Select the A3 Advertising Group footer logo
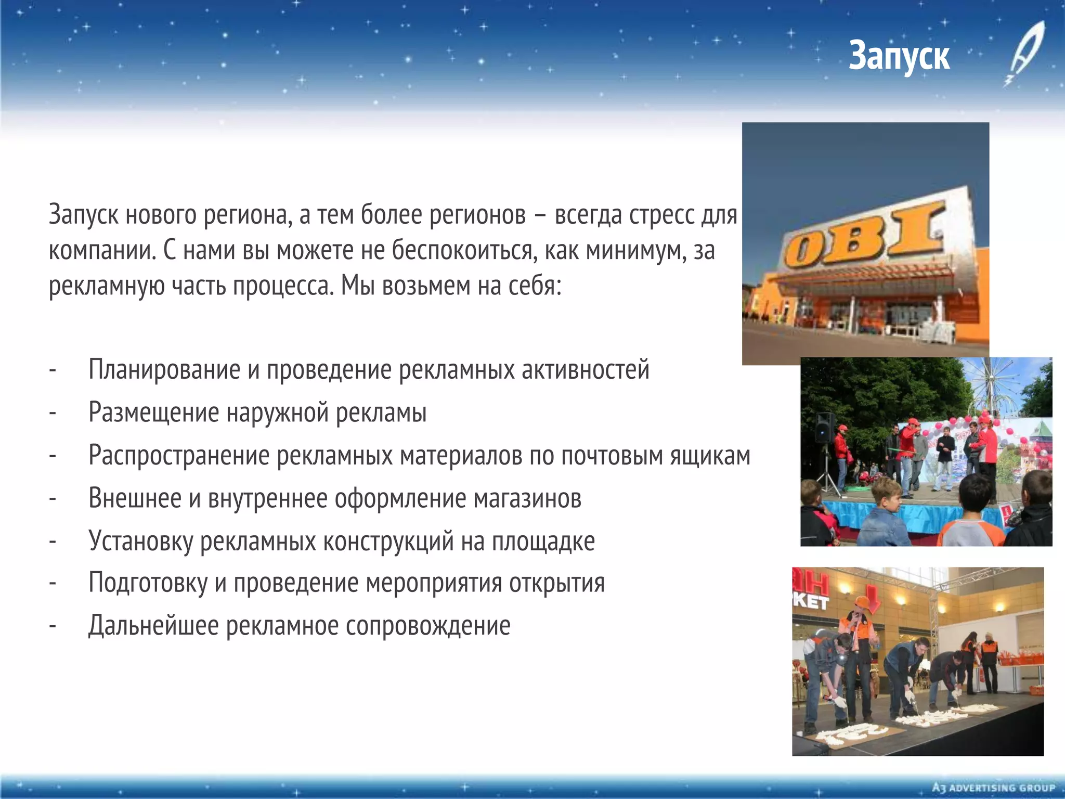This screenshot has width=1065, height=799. pyautogui.click(x=993, y=788)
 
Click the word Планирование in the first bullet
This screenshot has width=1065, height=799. pyautogui.click(x=164, y=370)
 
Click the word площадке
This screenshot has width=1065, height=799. pyautogui.click(x=543, y=542)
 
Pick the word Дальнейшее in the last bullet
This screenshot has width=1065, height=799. pyautogui.click(x=153, y=626)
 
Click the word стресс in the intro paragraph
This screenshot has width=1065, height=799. pyautogui.click(x=660, y=215)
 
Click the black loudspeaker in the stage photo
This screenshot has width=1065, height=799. pyautogui.click(x=824, y=428)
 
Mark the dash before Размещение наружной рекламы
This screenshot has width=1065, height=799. pyautogui.click(x=53, y=413)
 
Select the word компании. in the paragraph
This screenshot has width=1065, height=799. pyautogui.click(x=102, y=250)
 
